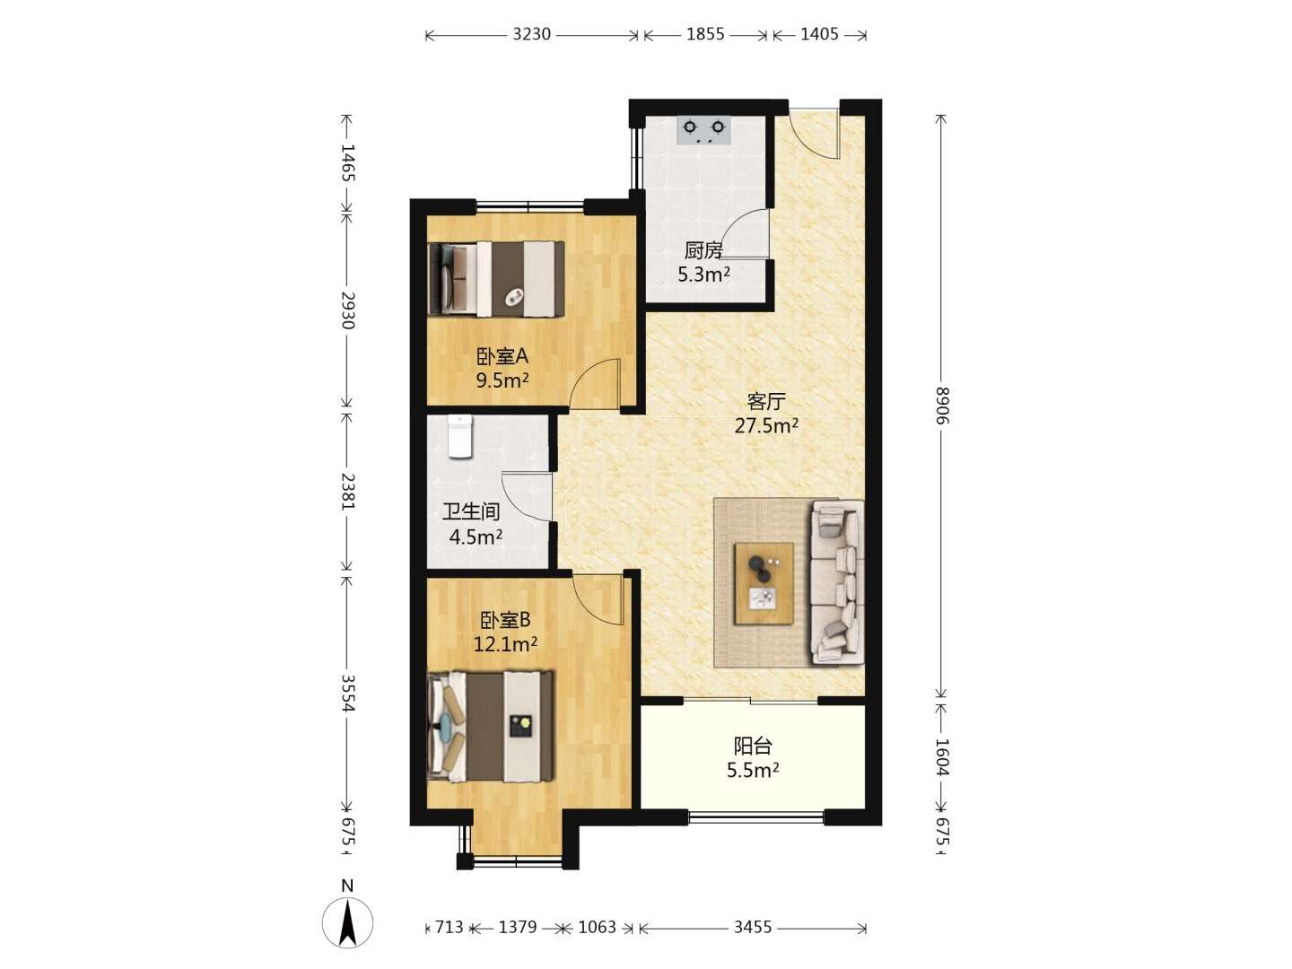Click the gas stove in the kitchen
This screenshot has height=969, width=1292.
click(703, 130)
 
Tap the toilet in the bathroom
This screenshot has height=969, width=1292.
click(459, 436)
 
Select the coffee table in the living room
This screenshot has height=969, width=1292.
click(764, 583)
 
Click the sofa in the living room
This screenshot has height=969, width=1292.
click(837, 582)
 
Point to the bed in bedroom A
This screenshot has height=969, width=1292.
click(496, 279)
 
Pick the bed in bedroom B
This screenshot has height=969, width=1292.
click(490, 727)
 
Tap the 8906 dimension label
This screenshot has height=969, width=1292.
click(941, 406)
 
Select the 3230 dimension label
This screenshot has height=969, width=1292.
click(531, 35)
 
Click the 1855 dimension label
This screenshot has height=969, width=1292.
click(705, 35)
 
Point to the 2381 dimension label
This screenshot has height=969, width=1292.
click(348, 491)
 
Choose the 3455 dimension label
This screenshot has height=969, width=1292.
click(752, 927)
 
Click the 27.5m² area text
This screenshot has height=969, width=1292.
click(766, 425)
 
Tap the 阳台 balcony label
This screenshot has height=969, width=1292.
click(753, 746)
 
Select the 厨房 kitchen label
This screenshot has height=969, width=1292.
click(703, 250)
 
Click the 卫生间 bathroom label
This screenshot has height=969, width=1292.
click(471, 511)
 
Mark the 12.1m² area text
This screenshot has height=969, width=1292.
click(505, 645)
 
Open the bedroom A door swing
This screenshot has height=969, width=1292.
click(595, 383)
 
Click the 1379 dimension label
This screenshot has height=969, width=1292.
click(518, 927)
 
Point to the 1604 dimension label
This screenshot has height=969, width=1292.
click(941, 757)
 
